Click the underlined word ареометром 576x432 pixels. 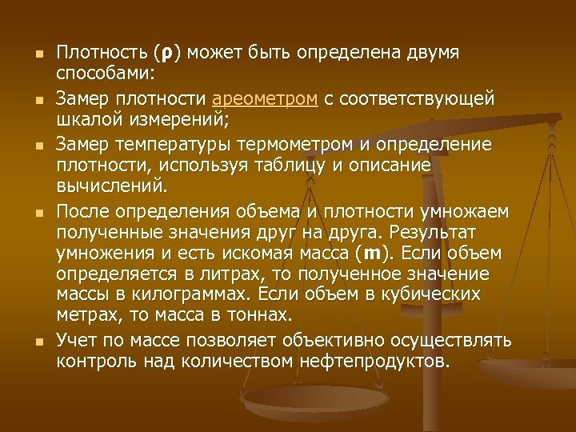click(x=266, y=98)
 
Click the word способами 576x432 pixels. click(x=105, y=74)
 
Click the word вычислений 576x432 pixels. click(x=111, y=186)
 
